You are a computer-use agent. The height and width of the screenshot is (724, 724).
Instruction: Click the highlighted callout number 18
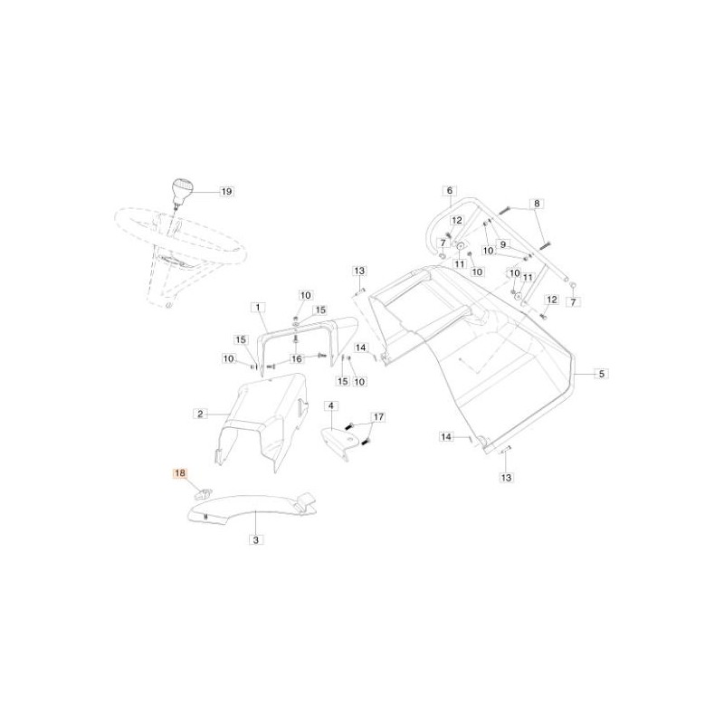[x=179, y=473]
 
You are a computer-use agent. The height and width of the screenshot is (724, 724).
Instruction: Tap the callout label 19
[x=227, y=191]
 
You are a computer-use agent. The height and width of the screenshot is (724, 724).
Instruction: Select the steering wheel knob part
[x=182, y=192]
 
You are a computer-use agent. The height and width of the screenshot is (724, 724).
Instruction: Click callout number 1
[x=258, y=308]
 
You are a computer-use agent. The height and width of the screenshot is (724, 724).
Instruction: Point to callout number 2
[x=200, y=414]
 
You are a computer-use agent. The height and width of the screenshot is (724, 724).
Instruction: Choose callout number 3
[x=256, y=539]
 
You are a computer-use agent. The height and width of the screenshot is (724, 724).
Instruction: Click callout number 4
[x=331, y=406]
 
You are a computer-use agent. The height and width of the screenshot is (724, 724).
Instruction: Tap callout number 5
[x=601, y=374]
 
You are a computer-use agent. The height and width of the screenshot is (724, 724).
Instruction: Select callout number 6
[x=449, y=191]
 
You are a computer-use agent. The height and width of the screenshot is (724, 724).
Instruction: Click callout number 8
[x=537, y=204]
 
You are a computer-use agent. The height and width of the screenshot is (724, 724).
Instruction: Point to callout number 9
[x=503, y=244]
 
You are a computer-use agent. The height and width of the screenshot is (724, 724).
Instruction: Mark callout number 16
[x=297, y=358]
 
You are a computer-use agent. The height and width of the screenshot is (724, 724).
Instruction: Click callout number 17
[x=378, y=417]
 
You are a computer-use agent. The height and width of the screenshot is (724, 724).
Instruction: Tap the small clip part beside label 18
[x=202, y=493]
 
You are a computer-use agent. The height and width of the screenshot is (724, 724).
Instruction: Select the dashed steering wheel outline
[x=180, y=253]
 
